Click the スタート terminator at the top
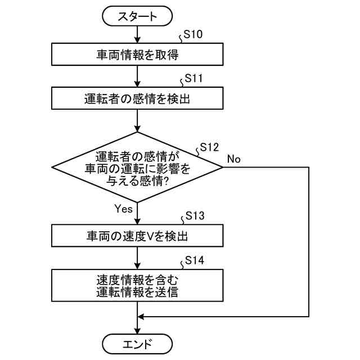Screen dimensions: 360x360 [x=137, y=17]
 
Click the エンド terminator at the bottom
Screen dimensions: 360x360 [x=137, y=343]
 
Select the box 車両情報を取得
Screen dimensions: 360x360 [x=137, y=55]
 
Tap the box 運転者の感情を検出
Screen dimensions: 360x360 [x=137, y=99]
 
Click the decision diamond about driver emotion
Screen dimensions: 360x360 [x=137, y=167]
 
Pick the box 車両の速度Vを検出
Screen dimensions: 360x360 [x=137, y=236]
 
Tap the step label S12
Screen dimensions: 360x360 [x=209, y=147]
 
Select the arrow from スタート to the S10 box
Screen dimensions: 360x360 [x=137, y=35]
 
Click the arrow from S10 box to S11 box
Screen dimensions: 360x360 [x=137, y=77]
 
